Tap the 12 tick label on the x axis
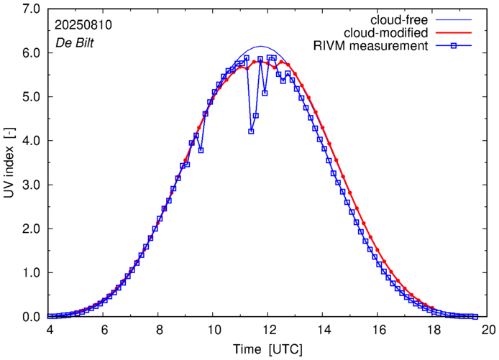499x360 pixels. click(268, 331)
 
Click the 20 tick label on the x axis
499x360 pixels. click(488, 331)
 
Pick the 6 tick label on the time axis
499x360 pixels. click(104, 331)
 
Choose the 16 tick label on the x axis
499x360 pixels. click(378, 331)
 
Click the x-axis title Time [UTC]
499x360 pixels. click(267, 349)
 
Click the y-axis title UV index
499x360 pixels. click(9, 162)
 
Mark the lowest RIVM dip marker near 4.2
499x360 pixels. click(251, 131)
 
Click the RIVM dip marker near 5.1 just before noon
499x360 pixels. click(265, 93)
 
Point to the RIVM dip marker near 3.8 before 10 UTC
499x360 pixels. click(201, 150)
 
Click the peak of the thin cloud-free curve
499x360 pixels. click(262, 46)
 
